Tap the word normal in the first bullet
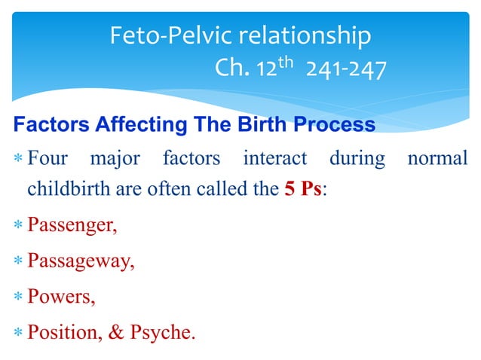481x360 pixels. click(437, 160)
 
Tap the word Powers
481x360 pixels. click(61, 296)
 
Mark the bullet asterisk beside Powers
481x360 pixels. click(18, 297)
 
